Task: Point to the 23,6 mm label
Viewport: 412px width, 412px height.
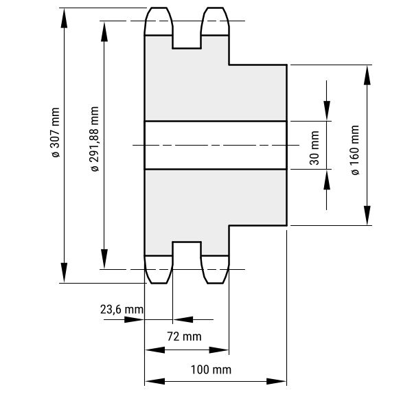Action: (122, 310)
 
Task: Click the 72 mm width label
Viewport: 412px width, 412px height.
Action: (185, 336)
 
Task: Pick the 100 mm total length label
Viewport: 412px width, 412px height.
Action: (211, 369)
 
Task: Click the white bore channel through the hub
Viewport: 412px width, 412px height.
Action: (215, 145)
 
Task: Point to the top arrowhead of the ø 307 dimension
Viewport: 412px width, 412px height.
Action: (65, 18)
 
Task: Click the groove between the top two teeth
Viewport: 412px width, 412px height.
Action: (187, 31)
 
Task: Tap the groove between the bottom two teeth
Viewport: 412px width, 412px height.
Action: (187, 258)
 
